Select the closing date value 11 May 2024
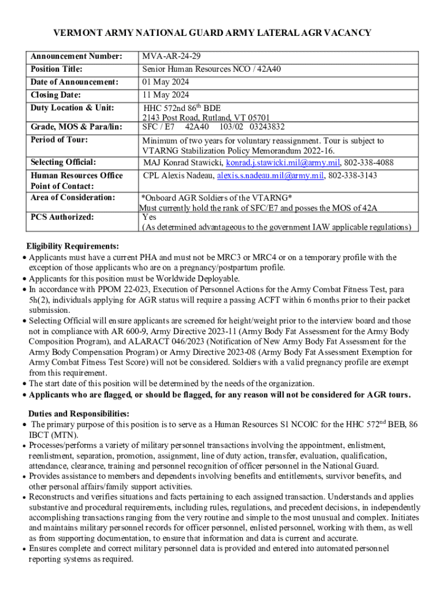click(x=166, y=95)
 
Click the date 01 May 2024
click(x=166, y=82)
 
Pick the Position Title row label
click(x=56, y=69)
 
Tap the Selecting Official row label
click(x=63, y=162)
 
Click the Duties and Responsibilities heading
click(x=79, y=414)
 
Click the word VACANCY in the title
click(x=346, y=33)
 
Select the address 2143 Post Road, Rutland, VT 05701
click(x=206, y=118)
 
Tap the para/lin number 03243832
click(x=269, y=127)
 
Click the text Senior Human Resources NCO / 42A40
click(x=212, y=69)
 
